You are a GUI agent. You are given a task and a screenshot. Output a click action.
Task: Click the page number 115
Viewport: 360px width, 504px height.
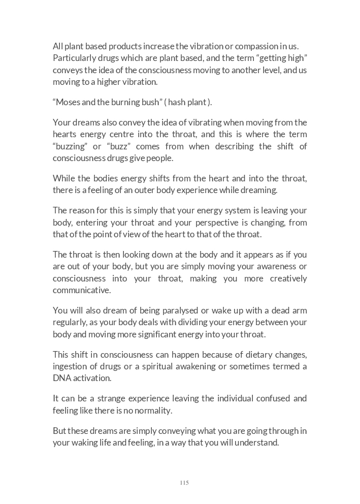pos(184,483)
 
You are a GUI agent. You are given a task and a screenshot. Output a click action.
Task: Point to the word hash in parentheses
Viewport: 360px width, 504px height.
pos(177,102)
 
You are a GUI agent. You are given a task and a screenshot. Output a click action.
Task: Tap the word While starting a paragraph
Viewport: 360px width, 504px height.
pos(64,178)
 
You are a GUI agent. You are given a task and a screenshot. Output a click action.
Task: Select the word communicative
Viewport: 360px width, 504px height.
pos(81,291)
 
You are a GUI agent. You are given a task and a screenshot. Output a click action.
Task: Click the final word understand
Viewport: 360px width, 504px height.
pos(257,443)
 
